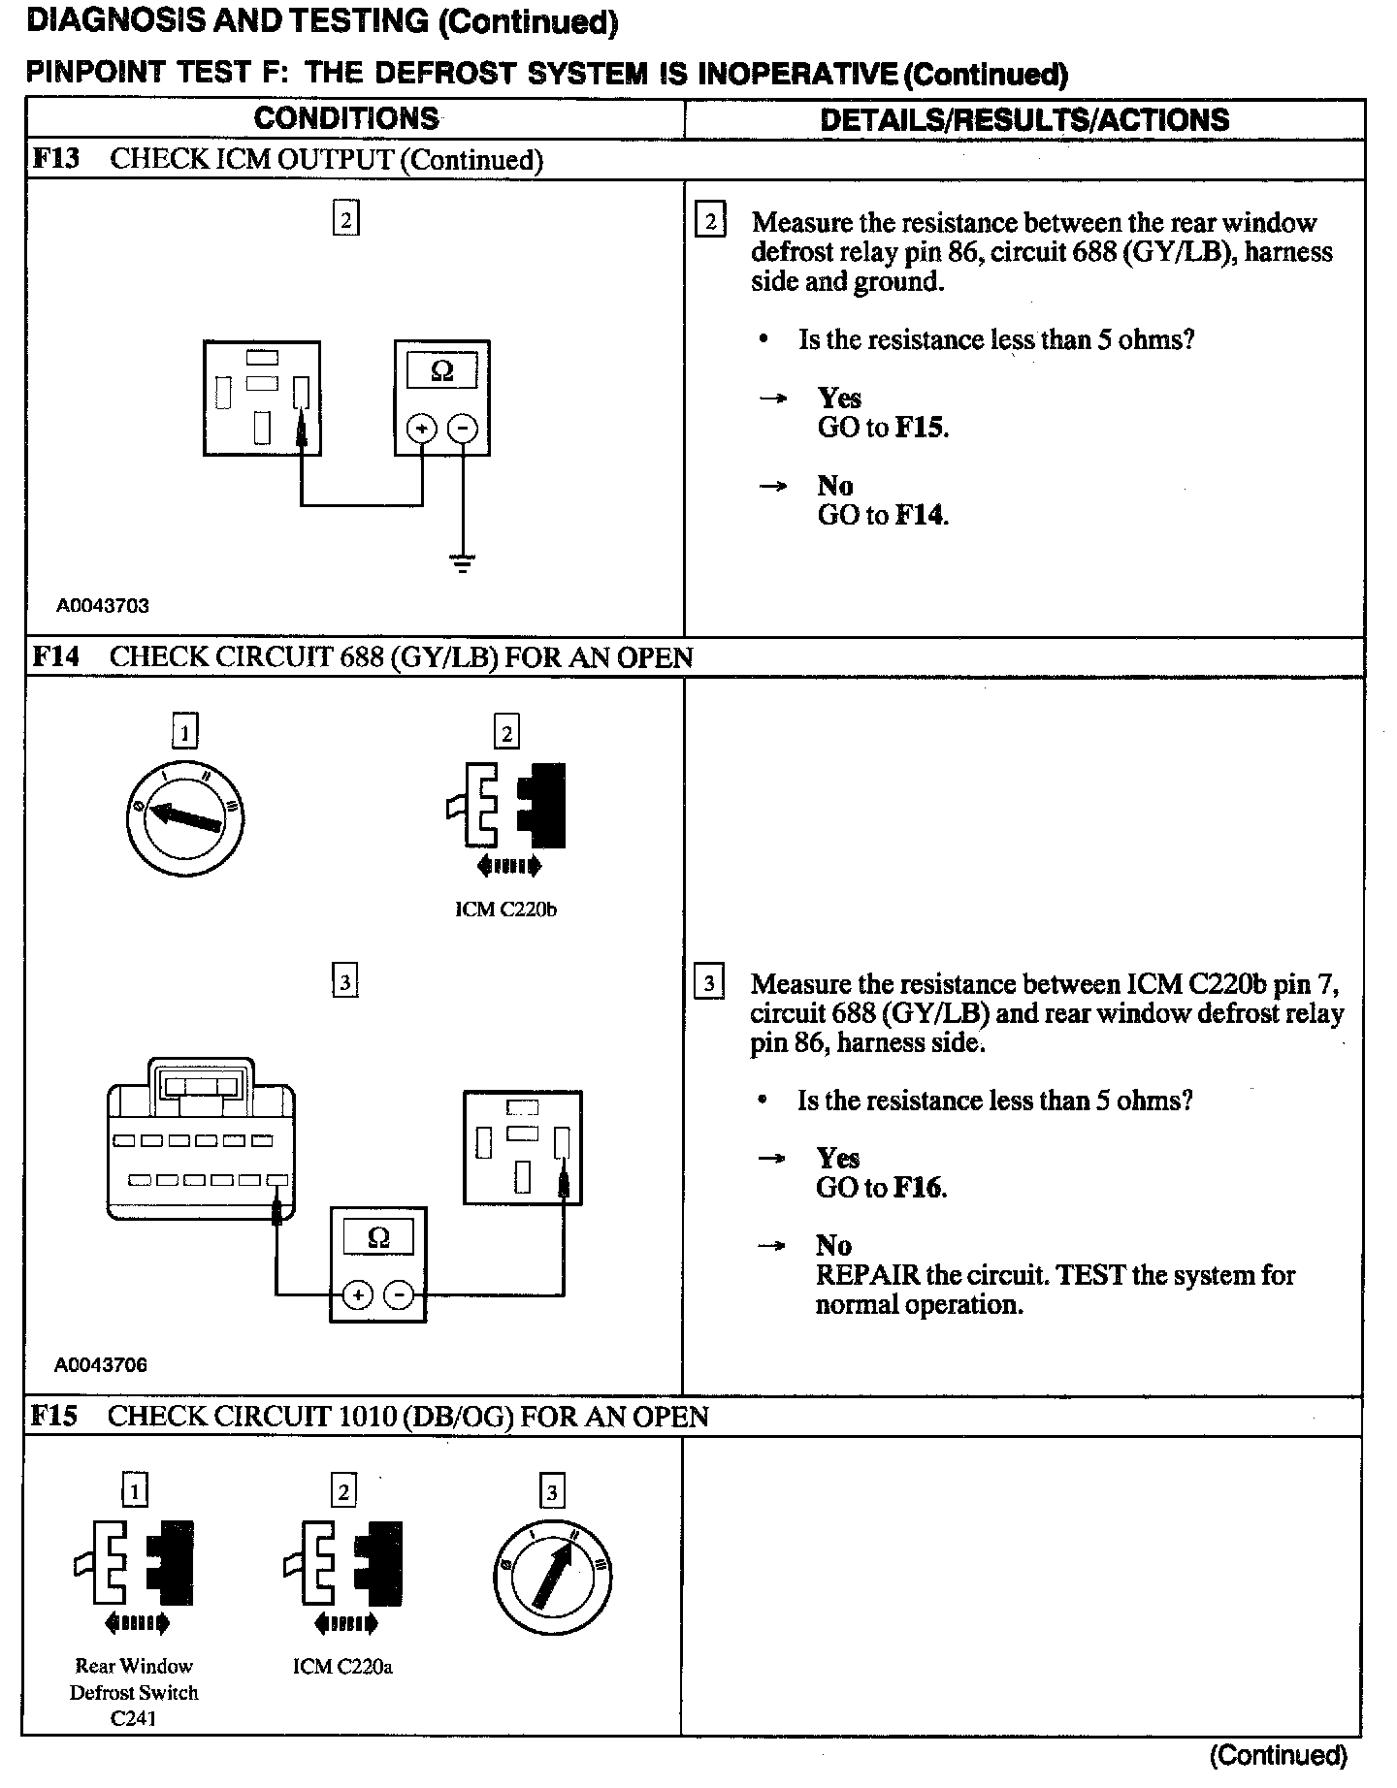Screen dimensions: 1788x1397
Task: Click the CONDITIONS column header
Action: pyautogui.click(x=346, y=119)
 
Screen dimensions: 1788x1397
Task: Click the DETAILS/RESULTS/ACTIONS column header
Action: pyautogui.click(x=1024, y=120)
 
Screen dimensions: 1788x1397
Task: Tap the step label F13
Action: pyautogui.click(x=55, y=159)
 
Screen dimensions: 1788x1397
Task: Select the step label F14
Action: pyautogui.click(x=55, y=656)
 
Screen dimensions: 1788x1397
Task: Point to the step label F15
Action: pyautogui.click(x=53, y=1416)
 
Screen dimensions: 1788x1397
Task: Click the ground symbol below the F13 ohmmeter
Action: pyautogui.click(x=463, y=562)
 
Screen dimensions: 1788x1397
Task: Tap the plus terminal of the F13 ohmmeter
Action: pyautogui.click(x=422, y=428)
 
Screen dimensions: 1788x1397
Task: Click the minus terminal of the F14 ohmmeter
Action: pyautogui.click(x=399, y=1294)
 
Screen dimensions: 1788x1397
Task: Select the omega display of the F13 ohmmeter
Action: pyautogui.click(x=441, y=371)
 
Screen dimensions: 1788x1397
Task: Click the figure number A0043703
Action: pyautogui.click(x=103, y=606)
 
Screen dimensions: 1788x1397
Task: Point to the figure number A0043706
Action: pyautogui.click(x=101, y=1365)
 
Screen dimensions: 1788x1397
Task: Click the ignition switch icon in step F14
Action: pyautogui.click(x=185, y=816)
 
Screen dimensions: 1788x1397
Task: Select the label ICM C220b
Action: pyautogui.click(x=505, y=910)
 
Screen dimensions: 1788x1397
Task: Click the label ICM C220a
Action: pyautogui.click(x=342, y=1667)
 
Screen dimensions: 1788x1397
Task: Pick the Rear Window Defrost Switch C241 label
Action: pyautogui.click(x=134, y=1692)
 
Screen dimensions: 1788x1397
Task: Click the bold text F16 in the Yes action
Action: pyautogui.click(x=919, y=1188)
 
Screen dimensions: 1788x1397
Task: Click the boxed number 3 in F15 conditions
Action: pyautogui.click(x=552, y=1491)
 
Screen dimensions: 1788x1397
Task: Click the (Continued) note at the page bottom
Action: pyautogui.click(x=1279, y=1754)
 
